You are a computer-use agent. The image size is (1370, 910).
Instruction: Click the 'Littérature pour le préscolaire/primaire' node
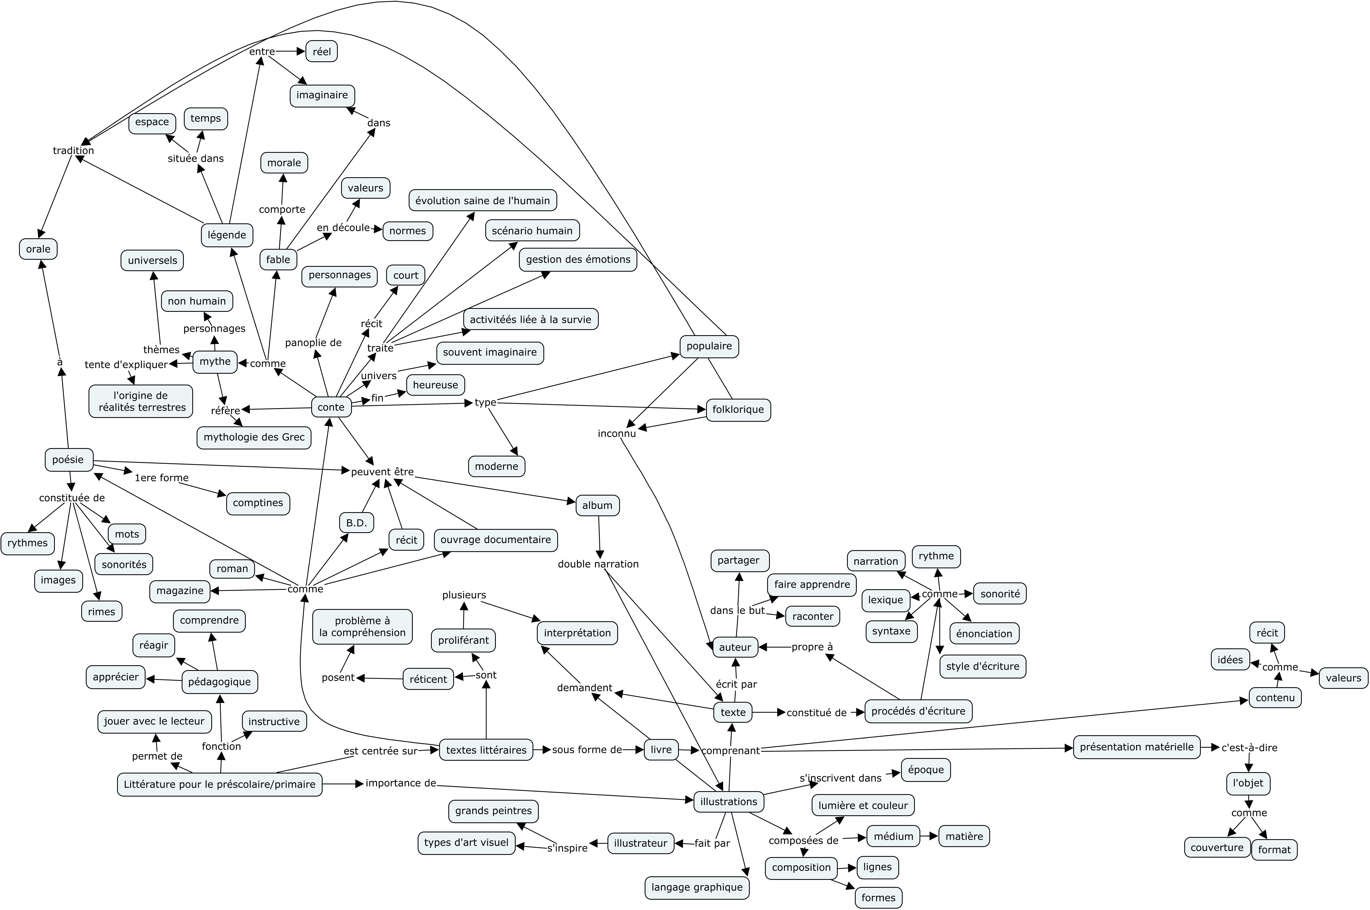(x=219, y=784)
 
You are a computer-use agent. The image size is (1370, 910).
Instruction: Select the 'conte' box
(x=331, y=407)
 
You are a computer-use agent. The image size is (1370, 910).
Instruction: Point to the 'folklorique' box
(x=738, y=409)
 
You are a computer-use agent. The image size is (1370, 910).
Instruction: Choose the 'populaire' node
(x=709, y=346)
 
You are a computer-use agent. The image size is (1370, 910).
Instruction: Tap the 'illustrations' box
(x=729, y=801)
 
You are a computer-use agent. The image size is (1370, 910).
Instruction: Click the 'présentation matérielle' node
(x=1136, y=747)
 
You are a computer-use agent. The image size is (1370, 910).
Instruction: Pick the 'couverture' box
(x=1217, y=847)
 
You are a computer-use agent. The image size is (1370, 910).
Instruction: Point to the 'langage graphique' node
(x=697, y=887)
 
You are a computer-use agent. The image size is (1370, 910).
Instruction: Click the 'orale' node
(x=38, y=249)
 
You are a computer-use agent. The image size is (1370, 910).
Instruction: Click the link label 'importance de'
(x=401, y=783)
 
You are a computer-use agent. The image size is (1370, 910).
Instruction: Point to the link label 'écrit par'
(x=736, y=684)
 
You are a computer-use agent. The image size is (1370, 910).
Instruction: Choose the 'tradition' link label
(x=73, y=150)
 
